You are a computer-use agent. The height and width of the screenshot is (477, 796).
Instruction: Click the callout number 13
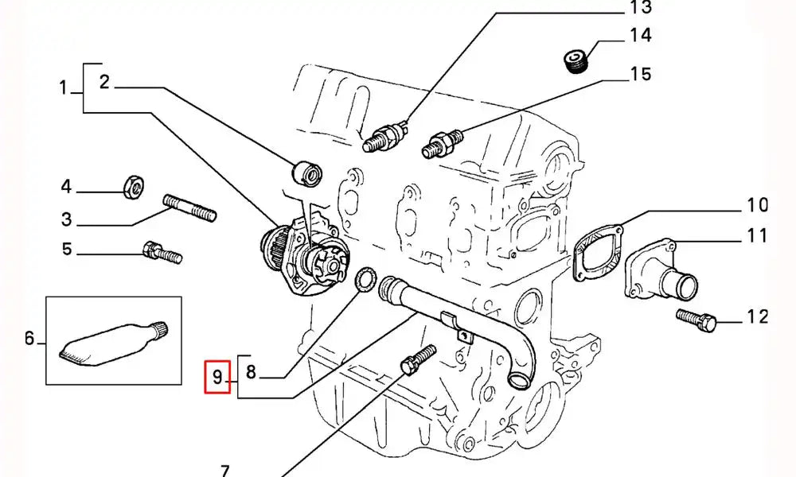(x=640, y=9)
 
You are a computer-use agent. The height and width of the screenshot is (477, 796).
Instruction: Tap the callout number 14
(x=640, y=36)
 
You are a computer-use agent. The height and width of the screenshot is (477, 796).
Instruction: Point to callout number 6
(x=30, y=339)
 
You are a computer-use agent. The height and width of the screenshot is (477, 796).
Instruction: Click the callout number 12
(x=757, y=318)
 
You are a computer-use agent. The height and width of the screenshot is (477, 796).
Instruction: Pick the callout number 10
(x=757, y=205)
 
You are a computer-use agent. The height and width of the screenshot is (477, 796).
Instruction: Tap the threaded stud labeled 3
(x=190, y=208)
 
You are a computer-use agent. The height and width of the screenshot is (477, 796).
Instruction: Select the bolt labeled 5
(x=162, y=253)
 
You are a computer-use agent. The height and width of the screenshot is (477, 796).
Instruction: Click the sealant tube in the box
(x=114, y=342)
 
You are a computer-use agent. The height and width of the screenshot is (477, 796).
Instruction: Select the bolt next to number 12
(x=696, y=319)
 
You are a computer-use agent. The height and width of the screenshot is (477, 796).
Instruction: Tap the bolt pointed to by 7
(x=416, y=359)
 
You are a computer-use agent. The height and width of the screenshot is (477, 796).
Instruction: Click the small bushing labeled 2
(x=306, y=171)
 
